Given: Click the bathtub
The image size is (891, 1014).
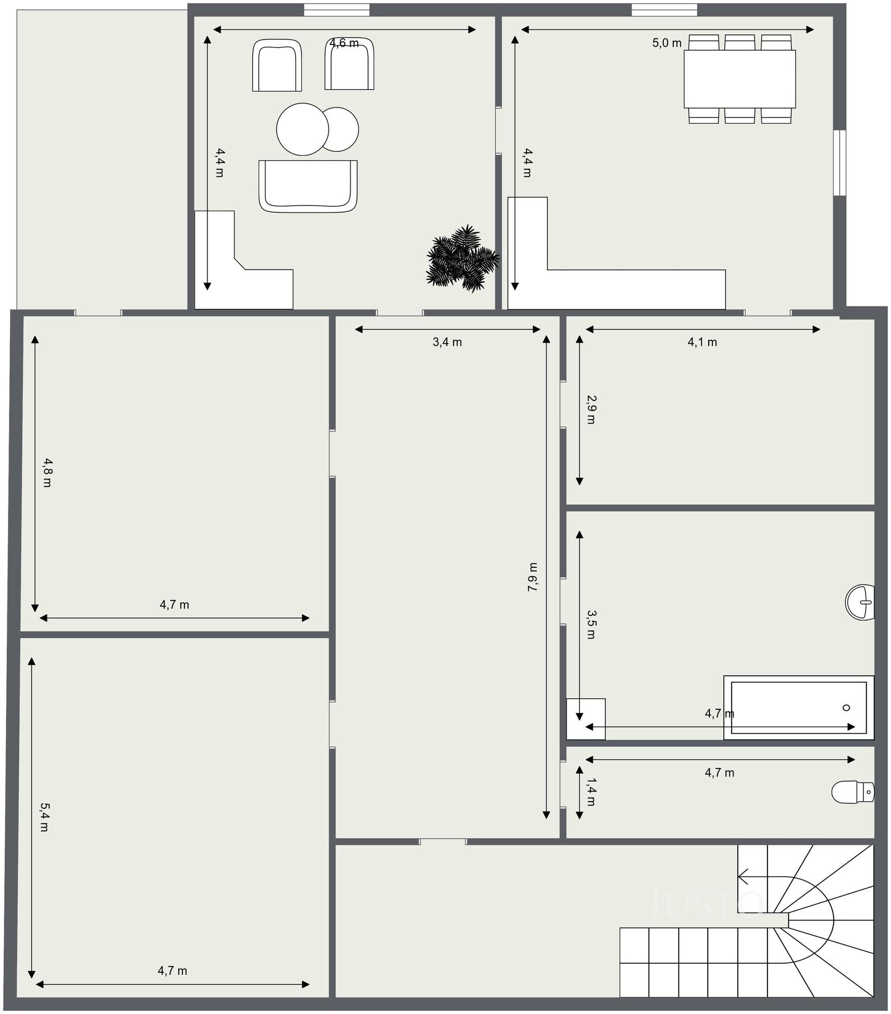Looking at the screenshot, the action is tap(799, 708).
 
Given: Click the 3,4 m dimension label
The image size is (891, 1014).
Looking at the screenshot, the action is tap(447, 342).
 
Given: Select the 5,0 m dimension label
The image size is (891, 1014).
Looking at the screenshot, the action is tap(667, 43).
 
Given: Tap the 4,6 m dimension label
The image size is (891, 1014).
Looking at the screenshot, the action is tap(344, 43).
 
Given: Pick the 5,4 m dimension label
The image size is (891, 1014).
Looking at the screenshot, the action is tap(44, 817).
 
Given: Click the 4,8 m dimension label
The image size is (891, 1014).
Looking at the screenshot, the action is tap(47, 473).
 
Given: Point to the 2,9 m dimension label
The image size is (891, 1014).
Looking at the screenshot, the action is tap(591, 410).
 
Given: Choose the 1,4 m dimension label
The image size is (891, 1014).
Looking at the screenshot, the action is tap(591, 792).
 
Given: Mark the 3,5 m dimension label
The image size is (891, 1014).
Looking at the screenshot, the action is tap(591, 625).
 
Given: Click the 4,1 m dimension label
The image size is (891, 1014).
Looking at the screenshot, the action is tap(702, 342).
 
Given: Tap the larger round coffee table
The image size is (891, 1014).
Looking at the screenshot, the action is tap(303, 129).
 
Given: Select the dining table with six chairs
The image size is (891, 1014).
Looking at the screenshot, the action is tap(740, 79).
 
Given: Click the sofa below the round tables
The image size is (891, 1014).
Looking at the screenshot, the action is tap(308, 186).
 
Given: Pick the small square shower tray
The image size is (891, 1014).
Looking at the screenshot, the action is tap(586, 719).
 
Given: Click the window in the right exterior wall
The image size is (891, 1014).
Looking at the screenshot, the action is tap(840, 163).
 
